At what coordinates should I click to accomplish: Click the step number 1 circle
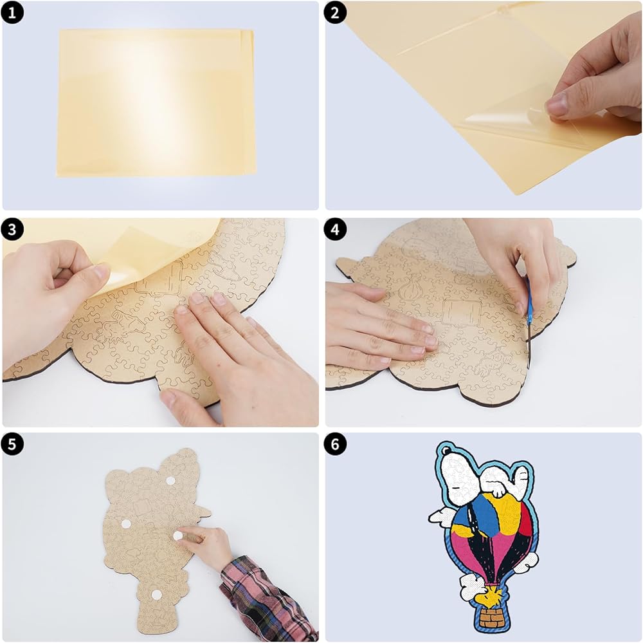point(12,13)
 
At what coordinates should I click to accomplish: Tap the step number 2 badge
point(335,13)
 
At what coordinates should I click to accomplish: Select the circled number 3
point(12,229)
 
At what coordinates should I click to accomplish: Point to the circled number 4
point(335,229)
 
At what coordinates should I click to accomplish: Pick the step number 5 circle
point(12,444)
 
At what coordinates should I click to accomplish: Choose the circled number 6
point(335,444)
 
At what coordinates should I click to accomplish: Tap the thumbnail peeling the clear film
point(556,100)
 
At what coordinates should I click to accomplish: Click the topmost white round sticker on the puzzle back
point(170,481)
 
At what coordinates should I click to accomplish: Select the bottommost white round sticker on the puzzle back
point(156,594)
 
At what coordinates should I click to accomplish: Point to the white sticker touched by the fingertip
point(177,536)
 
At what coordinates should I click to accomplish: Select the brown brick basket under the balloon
point(491,618)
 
